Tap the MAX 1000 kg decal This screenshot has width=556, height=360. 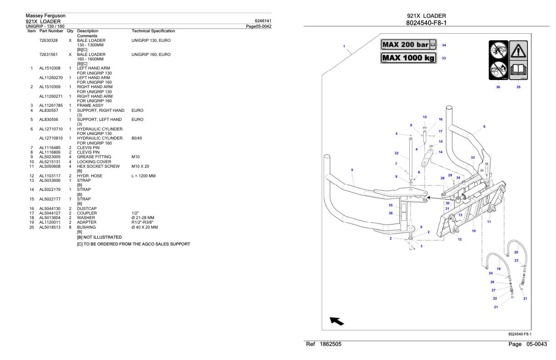coord(408,58)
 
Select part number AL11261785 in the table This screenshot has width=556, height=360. coord(51,106)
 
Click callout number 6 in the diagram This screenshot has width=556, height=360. coord(484,126)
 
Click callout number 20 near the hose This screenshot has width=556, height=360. coord(516,252)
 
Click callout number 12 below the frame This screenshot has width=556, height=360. coord(460,239)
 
